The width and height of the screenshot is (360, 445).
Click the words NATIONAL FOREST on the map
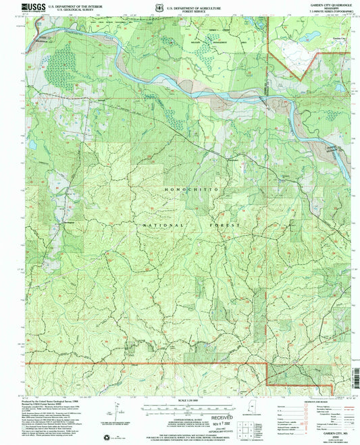[179, 224]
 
